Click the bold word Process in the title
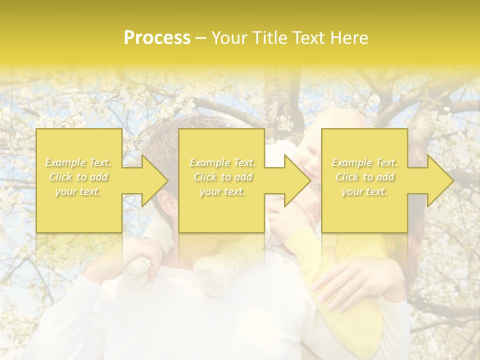point(157,38)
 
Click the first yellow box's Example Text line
point(78,162)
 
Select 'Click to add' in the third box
point(364,177)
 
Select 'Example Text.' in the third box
point(364,162)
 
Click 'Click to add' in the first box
point(78,177)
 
